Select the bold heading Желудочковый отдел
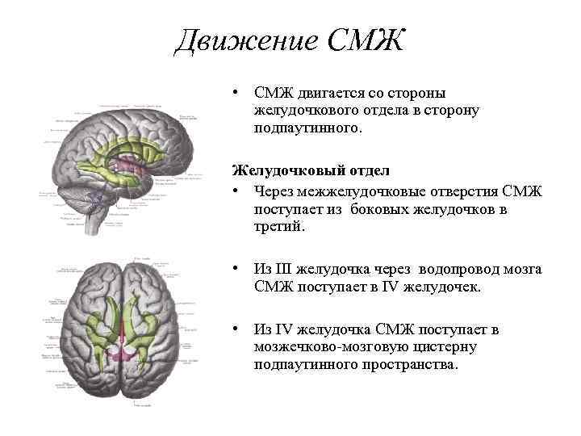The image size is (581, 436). point(311,170)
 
